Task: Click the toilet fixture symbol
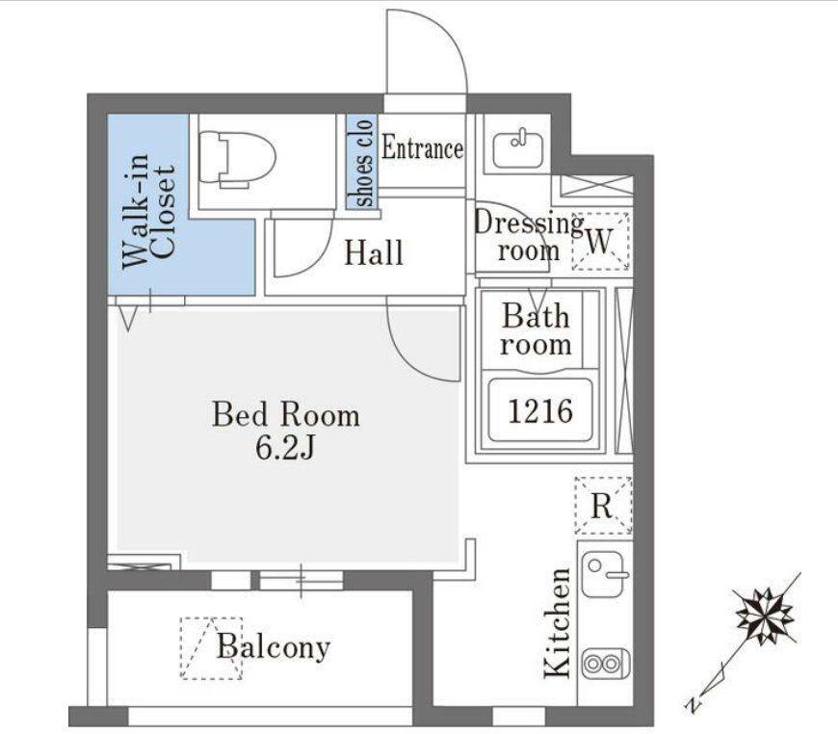(x=237, y=159)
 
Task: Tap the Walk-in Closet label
(x=148, y=211)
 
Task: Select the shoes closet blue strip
(x=361, y=161)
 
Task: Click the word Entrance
(x=422, y=148)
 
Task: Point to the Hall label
(x=373, y=253)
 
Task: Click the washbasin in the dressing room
(x=517, y=149)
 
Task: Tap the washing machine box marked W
(x=601, y=241)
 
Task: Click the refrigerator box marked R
(x=603, y=505)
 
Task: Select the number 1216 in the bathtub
(x=540, y=411)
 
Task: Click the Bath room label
(x=536, y=329)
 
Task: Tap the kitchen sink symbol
(x=605, y=575)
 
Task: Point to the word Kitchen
(x=558, y=623)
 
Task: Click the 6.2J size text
(x=284, y=448)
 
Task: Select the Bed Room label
(x=286, y=415)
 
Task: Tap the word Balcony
(x=274, y=647)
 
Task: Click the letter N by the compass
(x=694, y=704)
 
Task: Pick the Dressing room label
(x=529, y=236)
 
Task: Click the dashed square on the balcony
(x=211, y=648)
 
